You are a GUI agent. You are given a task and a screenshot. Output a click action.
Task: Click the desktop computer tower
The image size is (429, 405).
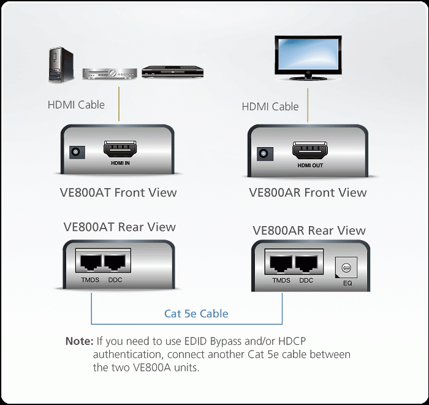61,64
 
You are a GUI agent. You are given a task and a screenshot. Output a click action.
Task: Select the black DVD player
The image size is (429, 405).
173,72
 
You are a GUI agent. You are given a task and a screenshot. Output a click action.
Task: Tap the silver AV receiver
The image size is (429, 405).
110,74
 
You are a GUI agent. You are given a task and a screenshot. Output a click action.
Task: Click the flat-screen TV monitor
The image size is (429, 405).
308,58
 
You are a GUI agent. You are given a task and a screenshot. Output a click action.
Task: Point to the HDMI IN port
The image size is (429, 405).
120,149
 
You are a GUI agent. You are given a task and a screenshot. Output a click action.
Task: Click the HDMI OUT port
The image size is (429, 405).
309,150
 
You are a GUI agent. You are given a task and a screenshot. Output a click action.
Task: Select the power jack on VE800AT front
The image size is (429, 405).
77,152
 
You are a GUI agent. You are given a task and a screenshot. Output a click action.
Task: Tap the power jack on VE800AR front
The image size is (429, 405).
265,153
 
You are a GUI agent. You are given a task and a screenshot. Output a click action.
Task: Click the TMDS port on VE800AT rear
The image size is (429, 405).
90,262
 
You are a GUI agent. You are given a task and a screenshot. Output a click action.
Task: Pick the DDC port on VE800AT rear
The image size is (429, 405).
115,262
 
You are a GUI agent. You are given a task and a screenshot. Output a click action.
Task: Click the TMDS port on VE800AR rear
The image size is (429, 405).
281,263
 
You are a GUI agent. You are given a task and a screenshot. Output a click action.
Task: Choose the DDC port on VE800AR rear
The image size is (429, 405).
306,263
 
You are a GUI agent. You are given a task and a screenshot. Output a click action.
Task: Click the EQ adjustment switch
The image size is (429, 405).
346,267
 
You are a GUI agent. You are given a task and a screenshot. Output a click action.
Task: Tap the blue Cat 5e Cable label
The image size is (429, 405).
196,314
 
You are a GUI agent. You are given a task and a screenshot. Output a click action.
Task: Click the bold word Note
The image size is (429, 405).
80,341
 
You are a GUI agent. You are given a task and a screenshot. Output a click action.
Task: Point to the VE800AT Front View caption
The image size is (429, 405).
118,192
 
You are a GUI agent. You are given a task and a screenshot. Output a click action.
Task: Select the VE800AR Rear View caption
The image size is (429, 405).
309,230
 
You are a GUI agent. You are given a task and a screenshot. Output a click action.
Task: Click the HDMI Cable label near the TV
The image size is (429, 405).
270,107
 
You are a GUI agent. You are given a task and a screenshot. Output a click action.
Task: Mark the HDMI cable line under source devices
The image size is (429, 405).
119,104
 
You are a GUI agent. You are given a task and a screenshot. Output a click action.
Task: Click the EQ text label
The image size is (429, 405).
347,283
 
